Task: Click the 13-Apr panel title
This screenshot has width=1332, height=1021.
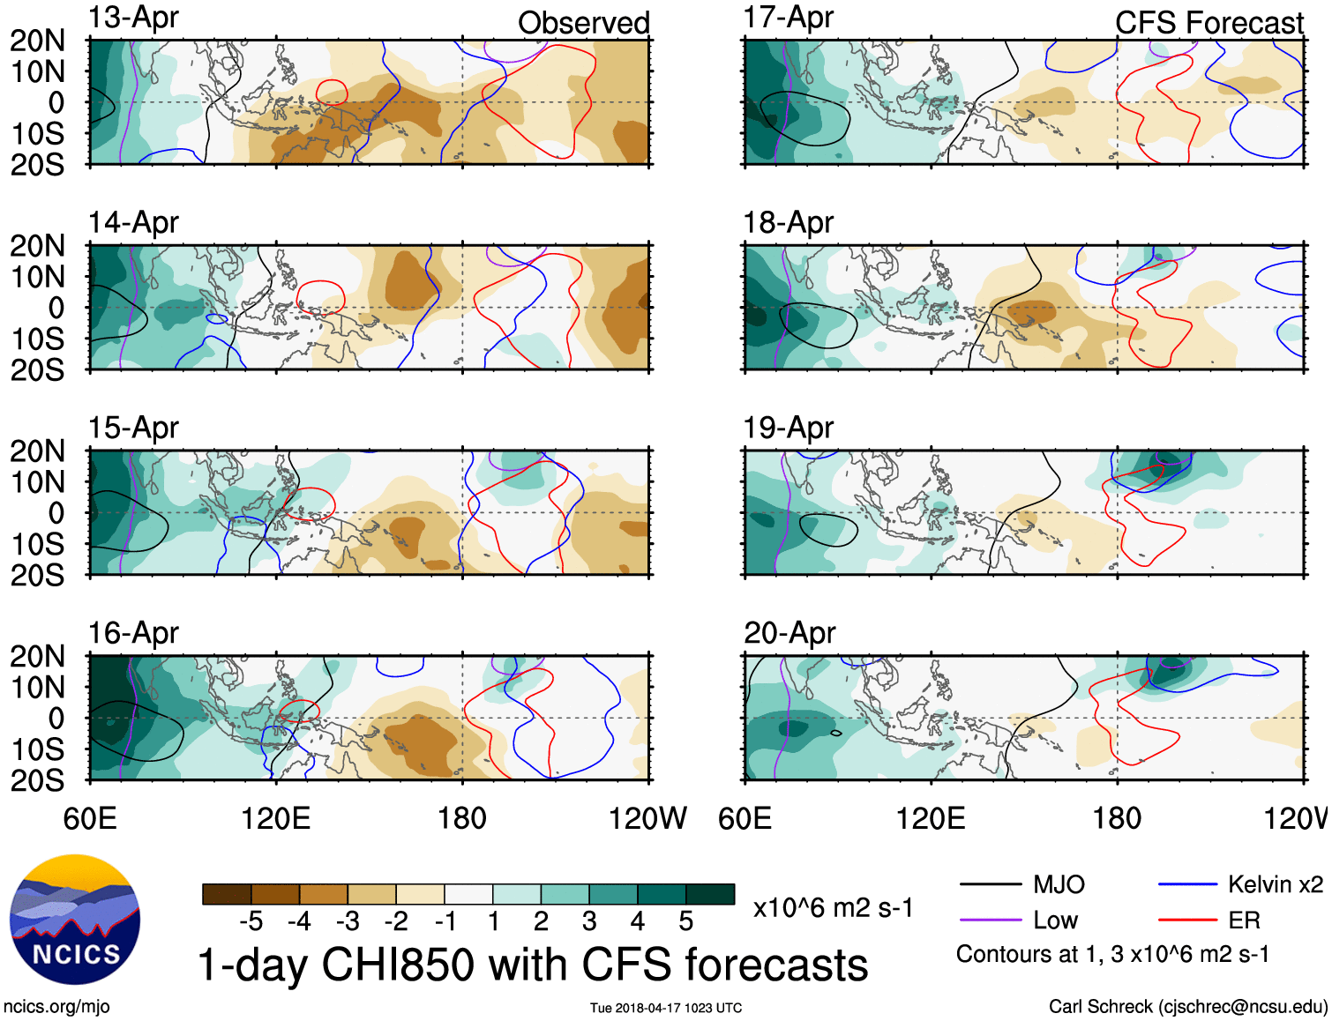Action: pos(133,18)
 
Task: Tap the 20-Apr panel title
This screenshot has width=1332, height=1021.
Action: pos(789,633)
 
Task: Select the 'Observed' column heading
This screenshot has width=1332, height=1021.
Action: pos(583,23)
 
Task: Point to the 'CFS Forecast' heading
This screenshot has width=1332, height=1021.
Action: pos(1209,23)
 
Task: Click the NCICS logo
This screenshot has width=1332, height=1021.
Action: pos(75,920)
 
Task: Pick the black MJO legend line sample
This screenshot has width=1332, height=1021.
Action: pos(990,884)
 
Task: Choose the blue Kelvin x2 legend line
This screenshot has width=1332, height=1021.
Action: pos(1187,884)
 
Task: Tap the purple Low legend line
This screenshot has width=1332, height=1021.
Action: pos(990,920)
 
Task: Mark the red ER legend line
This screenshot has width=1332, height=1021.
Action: pos(1187,920)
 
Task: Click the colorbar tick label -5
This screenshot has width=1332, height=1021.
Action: pos(251,921)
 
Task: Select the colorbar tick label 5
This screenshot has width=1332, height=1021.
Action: pos(685,921)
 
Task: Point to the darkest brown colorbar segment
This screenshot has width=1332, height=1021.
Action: pos(227,894)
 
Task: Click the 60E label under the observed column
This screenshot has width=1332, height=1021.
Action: pos(90,818)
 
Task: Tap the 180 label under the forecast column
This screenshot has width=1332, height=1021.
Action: pos(1117,818)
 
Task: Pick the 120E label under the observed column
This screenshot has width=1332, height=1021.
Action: pos(276,818)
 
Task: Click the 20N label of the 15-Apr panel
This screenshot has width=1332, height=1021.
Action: pos(37,451)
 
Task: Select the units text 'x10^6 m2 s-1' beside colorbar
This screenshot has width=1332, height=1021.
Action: pos(833,908)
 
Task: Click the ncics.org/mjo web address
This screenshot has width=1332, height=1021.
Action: pos(56,1006)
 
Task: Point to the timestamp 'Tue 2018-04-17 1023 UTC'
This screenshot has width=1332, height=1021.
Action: pos(666,1008)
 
